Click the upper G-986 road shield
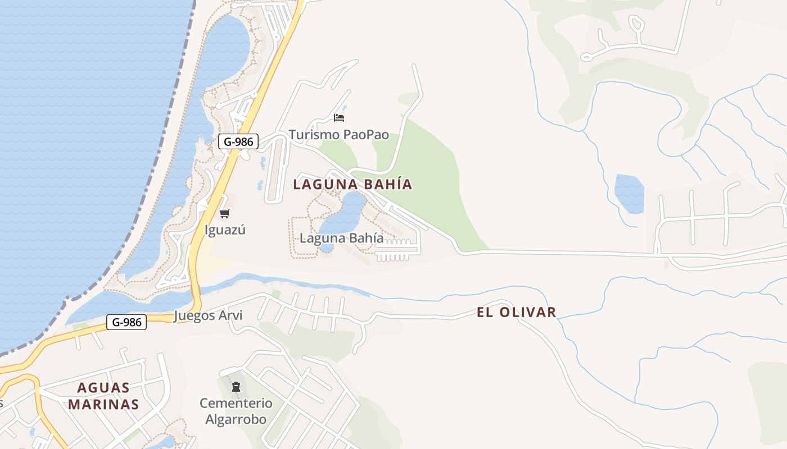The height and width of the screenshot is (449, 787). (x=238, y=142)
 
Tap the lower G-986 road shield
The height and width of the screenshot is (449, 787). (x=126, y=322)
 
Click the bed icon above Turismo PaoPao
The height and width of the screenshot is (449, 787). (x=338, y=118)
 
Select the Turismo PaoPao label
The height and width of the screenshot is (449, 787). (x=338, y=135)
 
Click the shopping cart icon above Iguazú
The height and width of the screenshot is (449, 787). (x=225, y=213)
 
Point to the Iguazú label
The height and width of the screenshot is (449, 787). (x=225, y=230)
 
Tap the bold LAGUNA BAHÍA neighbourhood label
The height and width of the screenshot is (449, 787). (x=352, y=184)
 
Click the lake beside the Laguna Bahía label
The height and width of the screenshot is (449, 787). (x=343, y=216)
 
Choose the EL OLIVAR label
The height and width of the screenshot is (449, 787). (x=516, y=312)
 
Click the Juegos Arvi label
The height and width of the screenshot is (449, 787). (x=208, y=315)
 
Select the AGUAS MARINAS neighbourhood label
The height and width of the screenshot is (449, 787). (x=103, y=396)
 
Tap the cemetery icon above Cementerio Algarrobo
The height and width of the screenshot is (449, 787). (x=236, y=386)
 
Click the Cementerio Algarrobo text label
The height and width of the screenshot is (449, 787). (x=236, y=411)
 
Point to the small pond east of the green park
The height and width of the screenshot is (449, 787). (x=629, y=194)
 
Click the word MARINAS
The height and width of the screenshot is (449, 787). (x=103, y=404)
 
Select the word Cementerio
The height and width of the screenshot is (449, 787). (x=236, y=403)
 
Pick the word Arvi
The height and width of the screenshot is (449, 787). (x=230, y=315)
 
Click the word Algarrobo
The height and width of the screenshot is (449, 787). (x=236, y=419)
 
